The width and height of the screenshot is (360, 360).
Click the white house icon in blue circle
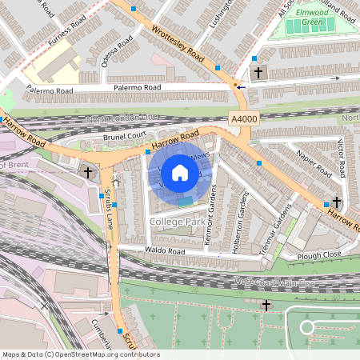(179, 172)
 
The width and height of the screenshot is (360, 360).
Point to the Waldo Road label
(166, 252)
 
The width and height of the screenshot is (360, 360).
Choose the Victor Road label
(342, 158)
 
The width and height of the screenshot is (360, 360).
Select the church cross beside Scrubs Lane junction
(87, 172)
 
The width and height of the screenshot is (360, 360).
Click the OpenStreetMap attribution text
(80, 354)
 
